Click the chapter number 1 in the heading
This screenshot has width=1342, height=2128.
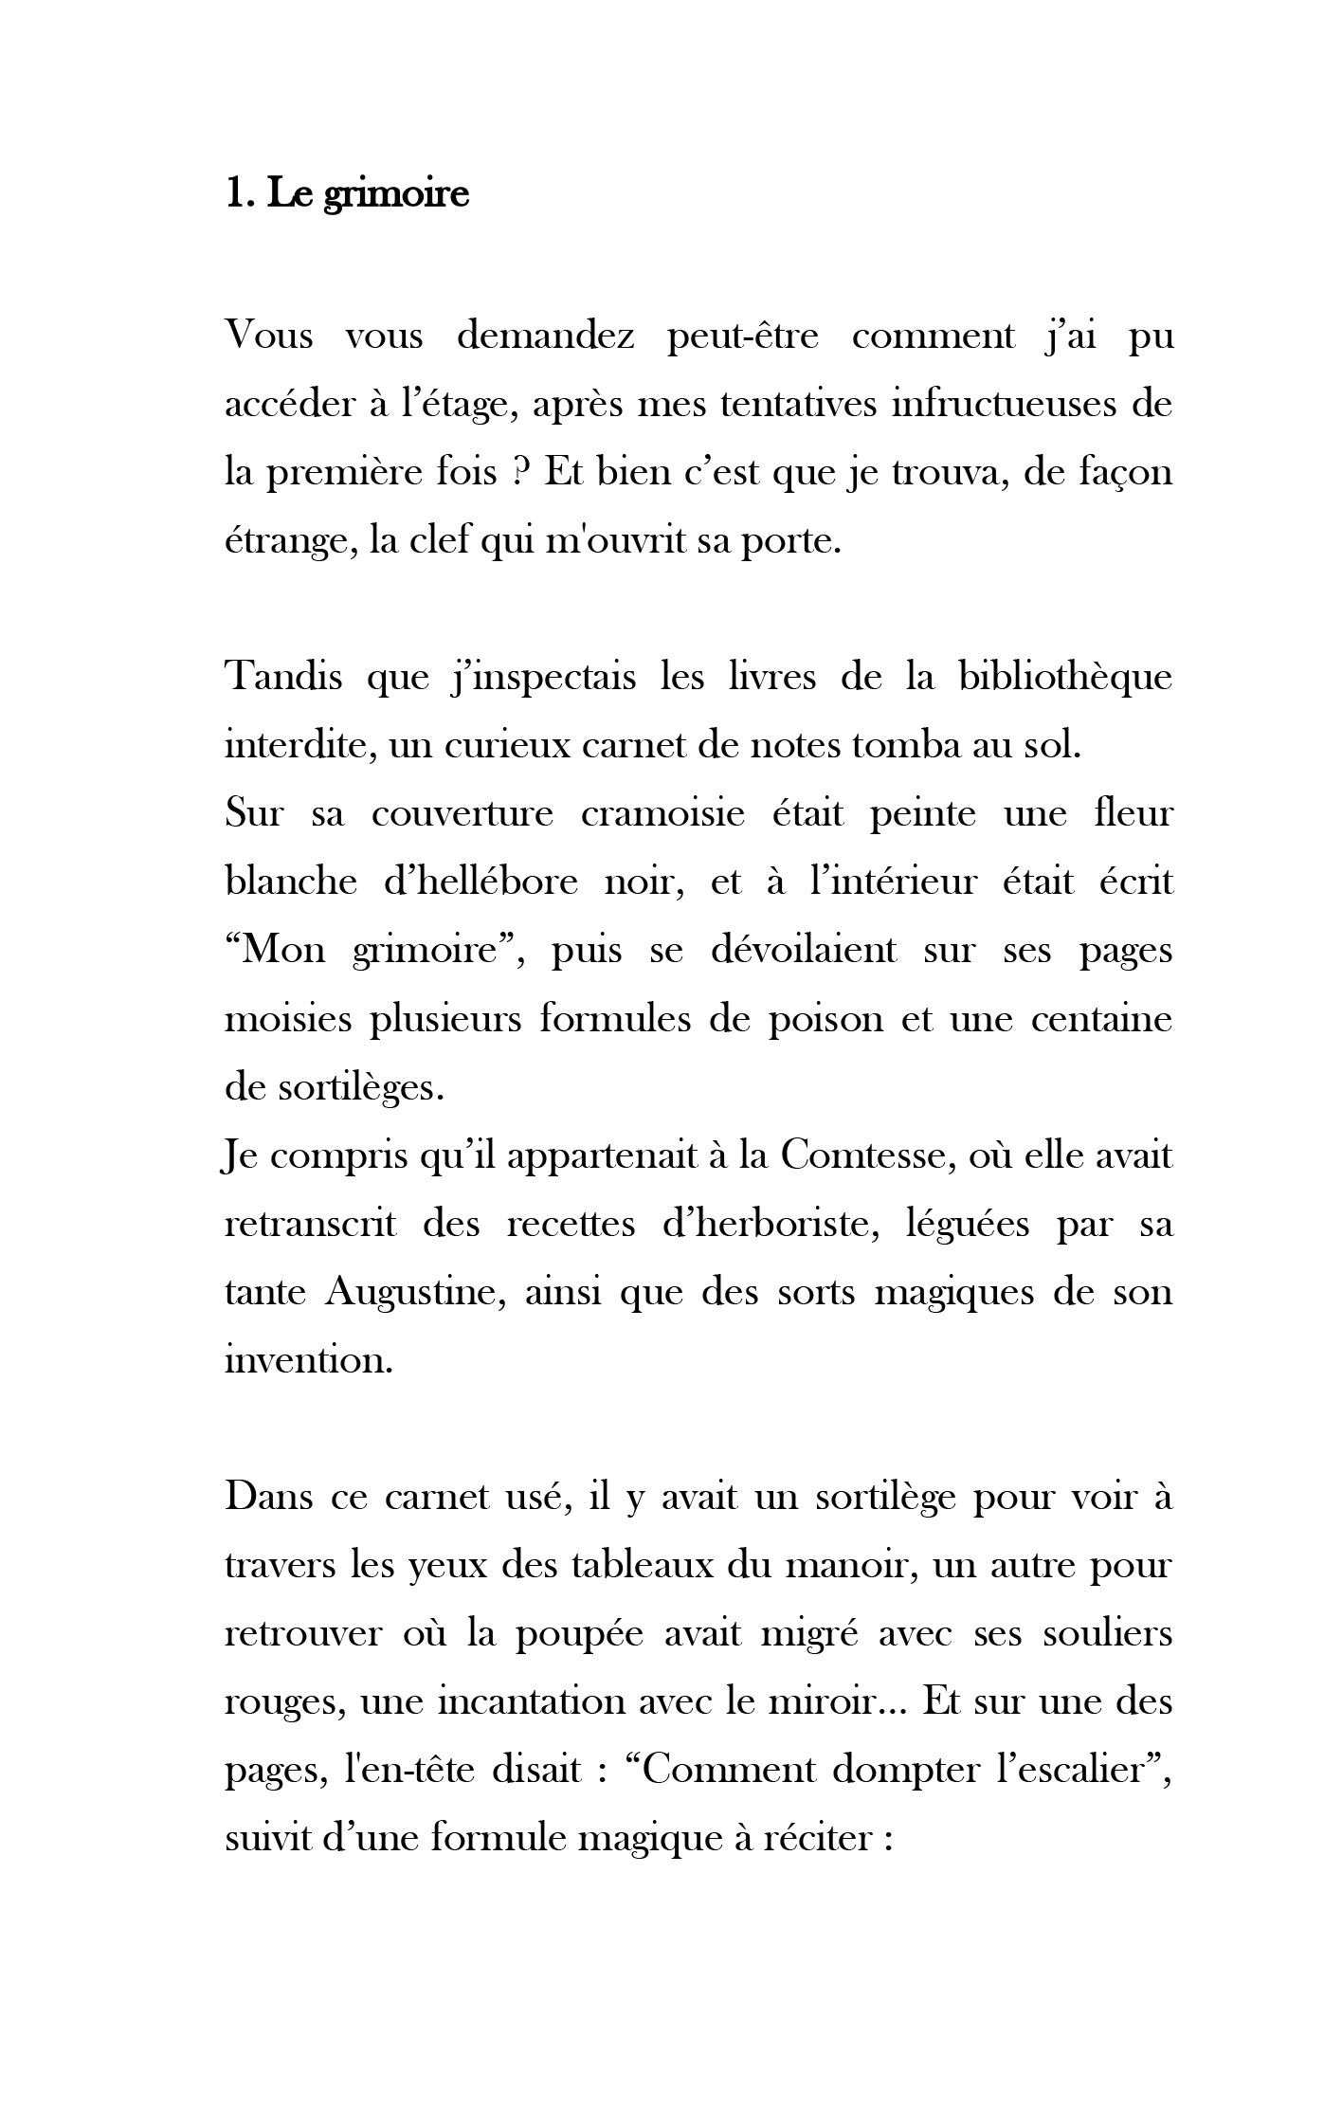coord(234,193)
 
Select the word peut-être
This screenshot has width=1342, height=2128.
coord(742,336)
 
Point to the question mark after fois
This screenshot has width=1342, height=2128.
coord(519,472)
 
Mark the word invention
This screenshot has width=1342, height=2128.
coord(308,1361)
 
